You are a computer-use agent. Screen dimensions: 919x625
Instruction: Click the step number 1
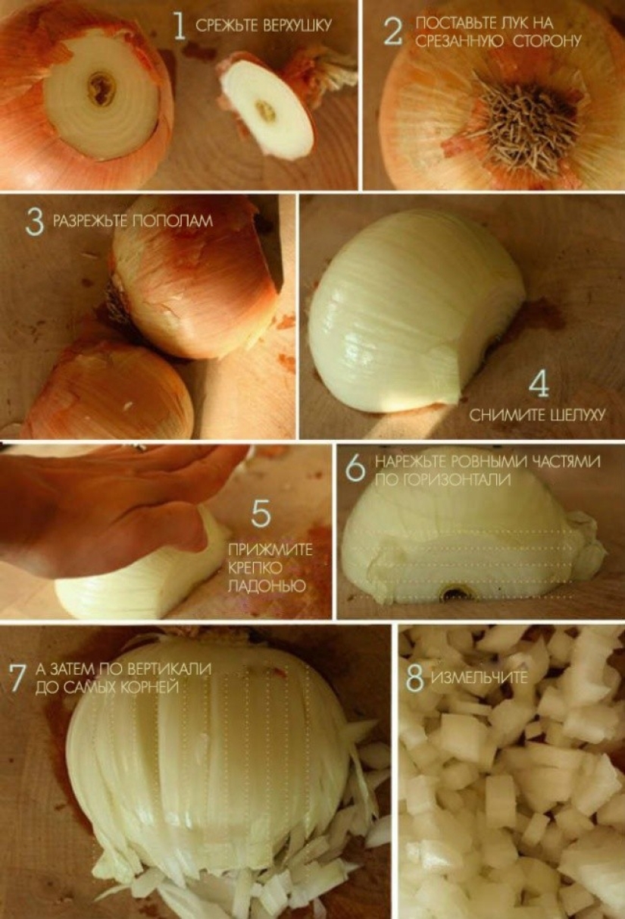point(179,25)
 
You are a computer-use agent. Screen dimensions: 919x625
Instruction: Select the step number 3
point(34,221)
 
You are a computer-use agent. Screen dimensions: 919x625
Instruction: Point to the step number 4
point(539,385)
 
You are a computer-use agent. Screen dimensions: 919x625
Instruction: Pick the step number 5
point(261,513)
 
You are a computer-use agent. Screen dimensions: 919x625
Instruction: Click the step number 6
point(355,469)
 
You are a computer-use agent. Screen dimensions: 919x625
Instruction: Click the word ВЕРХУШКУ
point(295,26)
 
